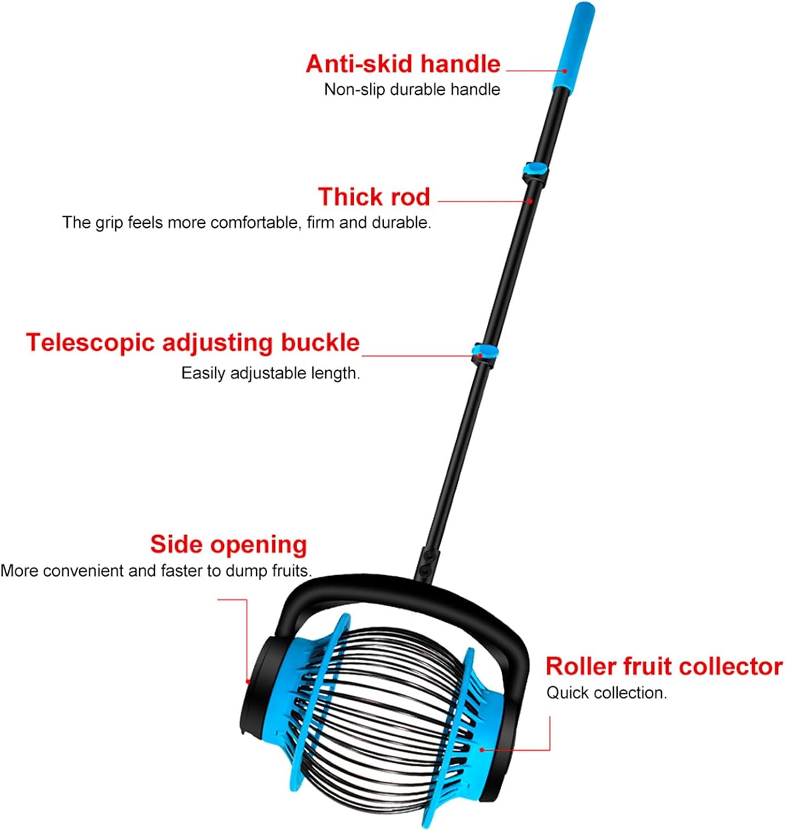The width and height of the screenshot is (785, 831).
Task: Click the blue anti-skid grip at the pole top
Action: (x=573, y=47)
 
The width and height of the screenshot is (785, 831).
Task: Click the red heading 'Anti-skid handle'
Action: (x=403, y=64)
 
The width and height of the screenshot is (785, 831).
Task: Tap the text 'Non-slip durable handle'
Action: (x=412, y=90)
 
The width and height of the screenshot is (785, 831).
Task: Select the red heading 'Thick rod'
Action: (x=374, y=196)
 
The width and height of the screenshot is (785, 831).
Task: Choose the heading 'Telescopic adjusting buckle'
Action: (x=193, y=343)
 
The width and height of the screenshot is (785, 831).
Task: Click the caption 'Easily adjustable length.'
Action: (x=271, y=373)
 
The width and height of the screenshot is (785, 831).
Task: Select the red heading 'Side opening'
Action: (x=229, y=545)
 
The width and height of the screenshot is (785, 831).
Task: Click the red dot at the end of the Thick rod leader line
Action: (x=530, y=201)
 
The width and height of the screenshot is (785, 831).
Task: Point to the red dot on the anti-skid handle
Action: (x=565, y=71)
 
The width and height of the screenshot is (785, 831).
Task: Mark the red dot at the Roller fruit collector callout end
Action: (x=482, y=750)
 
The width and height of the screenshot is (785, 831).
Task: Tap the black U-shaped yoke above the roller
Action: (x=402, y=590)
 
